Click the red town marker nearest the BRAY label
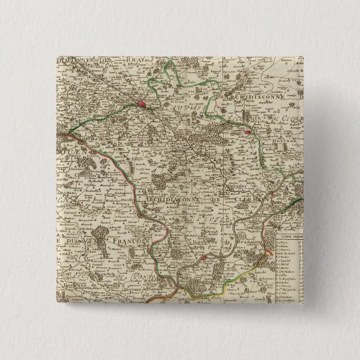[142, 104]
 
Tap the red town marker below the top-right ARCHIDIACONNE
[247, 132]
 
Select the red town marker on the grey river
[205, 257]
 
